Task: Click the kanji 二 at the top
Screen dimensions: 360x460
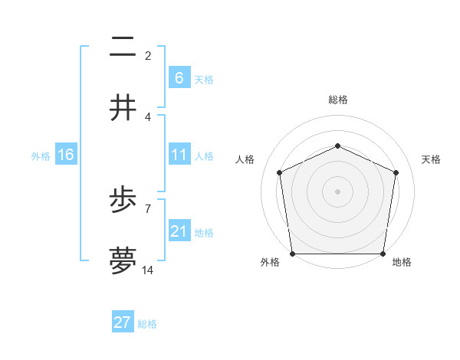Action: [123, 47]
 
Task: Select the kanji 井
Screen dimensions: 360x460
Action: [123, 108]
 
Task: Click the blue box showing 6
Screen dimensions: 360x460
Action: [179, 77]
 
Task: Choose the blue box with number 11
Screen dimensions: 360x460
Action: [179, 155]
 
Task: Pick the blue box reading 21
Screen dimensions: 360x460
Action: [179, 231]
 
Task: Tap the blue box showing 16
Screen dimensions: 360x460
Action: [66, 155]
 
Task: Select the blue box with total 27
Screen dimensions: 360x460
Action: [123, 322]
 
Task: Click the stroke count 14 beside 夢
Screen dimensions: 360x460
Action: [148, 271]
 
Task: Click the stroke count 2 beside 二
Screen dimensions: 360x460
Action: [148, 56]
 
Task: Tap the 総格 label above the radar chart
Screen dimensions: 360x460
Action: [337, 100]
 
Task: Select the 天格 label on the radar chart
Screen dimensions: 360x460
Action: [431, 159]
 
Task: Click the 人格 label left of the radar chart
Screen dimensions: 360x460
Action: [245, 159]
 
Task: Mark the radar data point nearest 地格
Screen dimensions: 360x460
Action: [383, 254]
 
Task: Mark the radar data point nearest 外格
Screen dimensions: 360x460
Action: [292, 254]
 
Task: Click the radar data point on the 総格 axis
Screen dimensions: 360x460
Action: [337, 146]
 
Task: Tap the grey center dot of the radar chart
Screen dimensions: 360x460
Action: [337, 191]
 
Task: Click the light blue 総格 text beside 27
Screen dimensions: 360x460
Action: [147, 324]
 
